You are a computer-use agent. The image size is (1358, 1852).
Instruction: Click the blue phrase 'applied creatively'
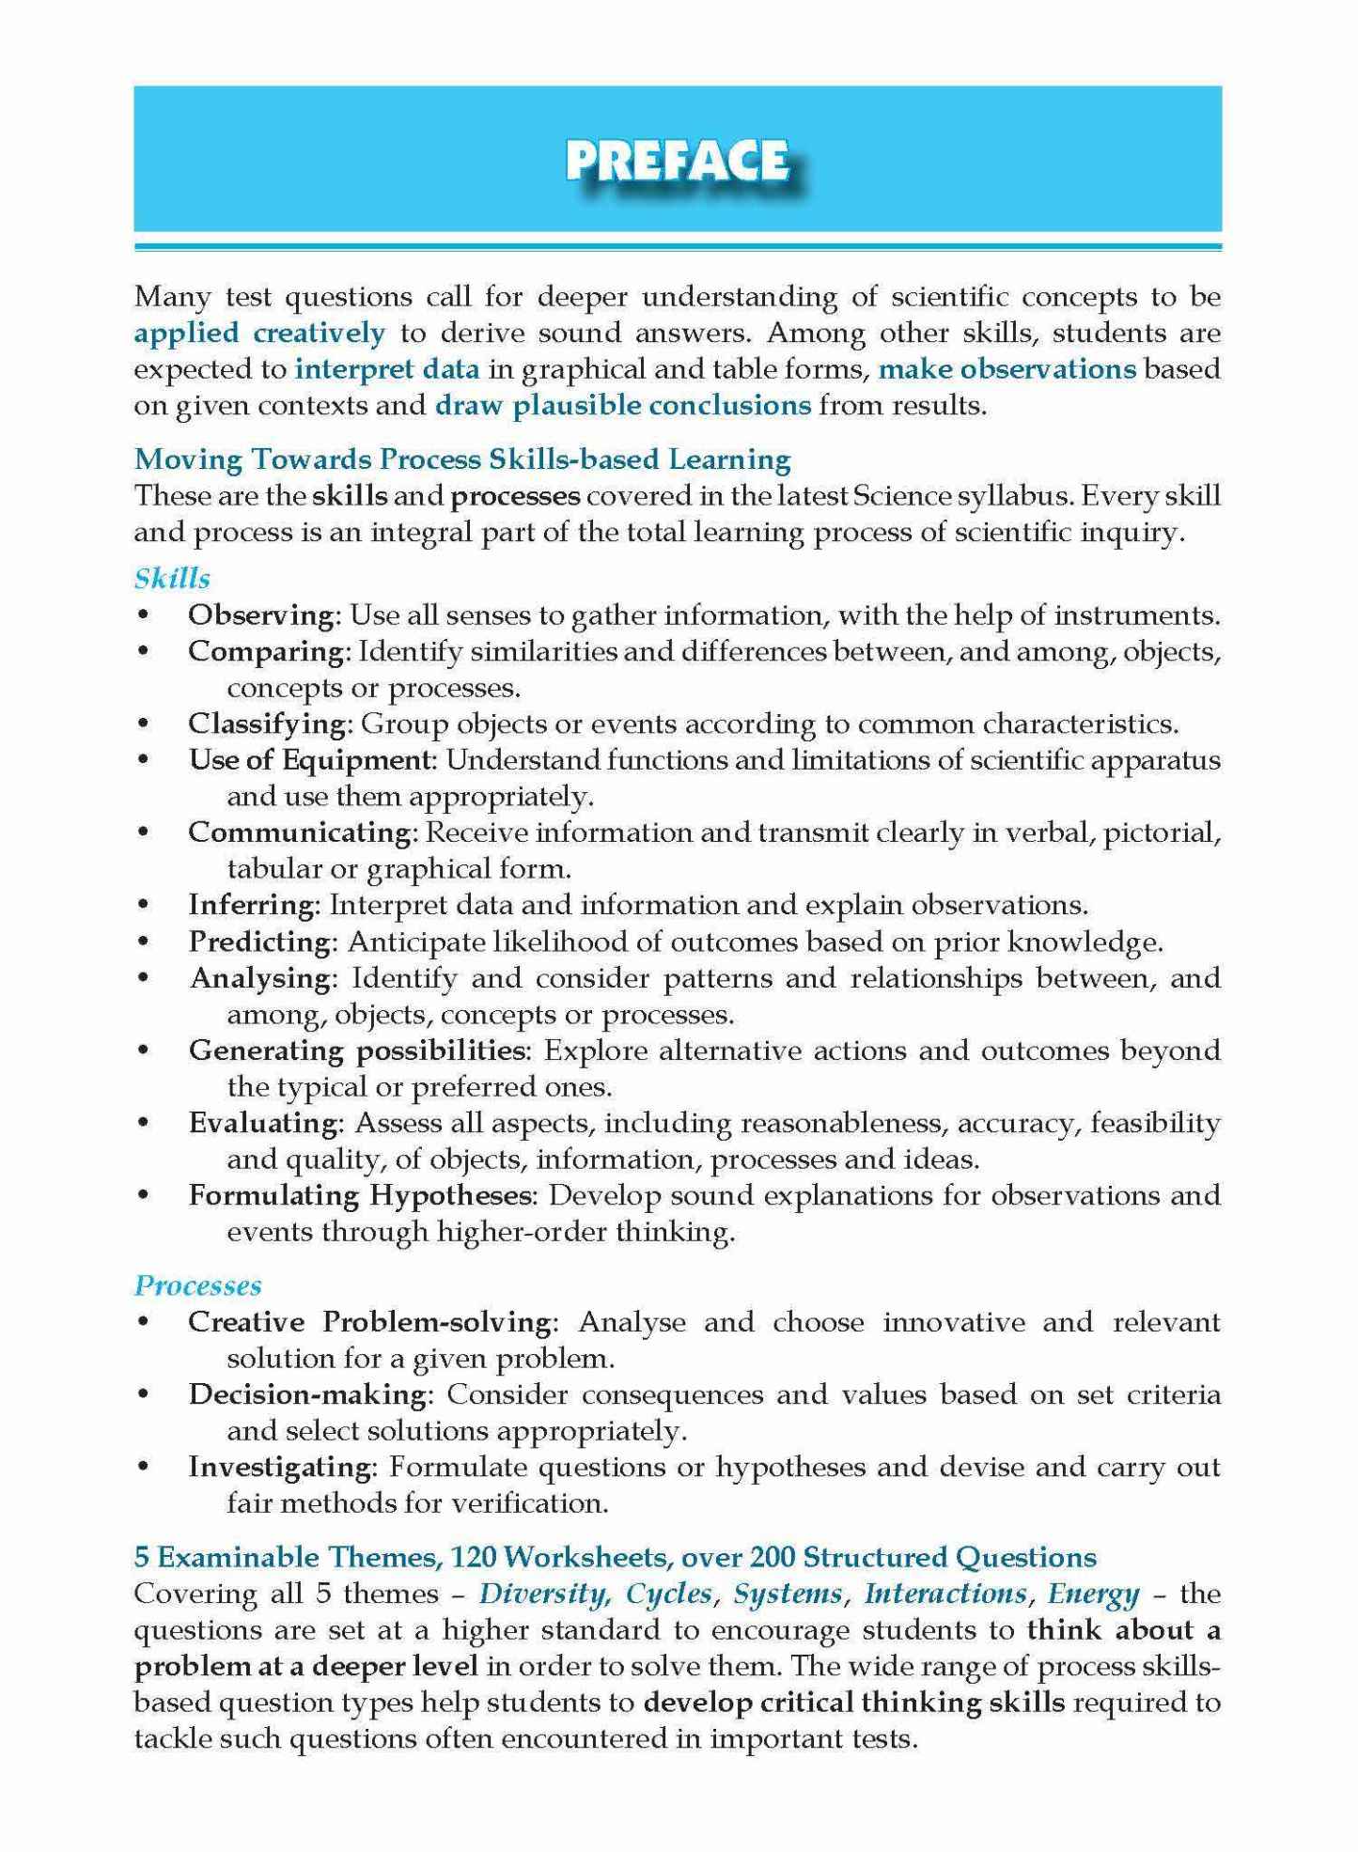259,333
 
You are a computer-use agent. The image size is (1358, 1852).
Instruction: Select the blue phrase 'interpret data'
387,369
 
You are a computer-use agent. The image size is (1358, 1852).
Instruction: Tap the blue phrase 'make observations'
1007,369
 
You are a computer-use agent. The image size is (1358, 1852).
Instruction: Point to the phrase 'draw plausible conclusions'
623,406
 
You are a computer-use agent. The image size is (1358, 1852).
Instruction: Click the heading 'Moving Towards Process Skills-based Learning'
462,459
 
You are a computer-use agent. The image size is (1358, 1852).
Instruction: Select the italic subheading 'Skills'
172,579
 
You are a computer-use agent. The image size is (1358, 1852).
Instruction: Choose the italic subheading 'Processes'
198,1285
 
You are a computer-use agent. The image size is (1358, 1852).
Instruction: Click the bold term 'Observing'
261,615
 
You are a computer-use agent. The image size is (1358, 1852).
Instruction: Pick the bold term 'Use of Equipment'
309,760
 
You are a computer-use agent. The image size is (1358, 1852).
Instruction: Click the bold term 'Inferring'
251,906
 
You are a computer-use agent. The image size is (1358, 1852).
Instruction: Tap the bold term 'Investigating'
280,1467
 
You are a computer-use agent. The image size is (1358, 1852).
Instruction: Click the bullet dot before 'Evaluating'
144,1123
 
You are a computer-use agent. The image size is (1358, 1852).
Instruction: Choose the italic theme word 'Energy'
1093,1594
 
